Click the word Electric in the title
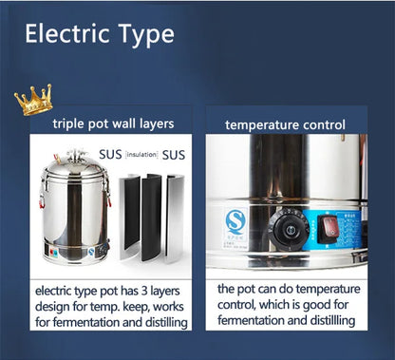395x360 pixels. (67, 35)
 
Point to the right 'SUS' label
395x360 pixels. (173, 154)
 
